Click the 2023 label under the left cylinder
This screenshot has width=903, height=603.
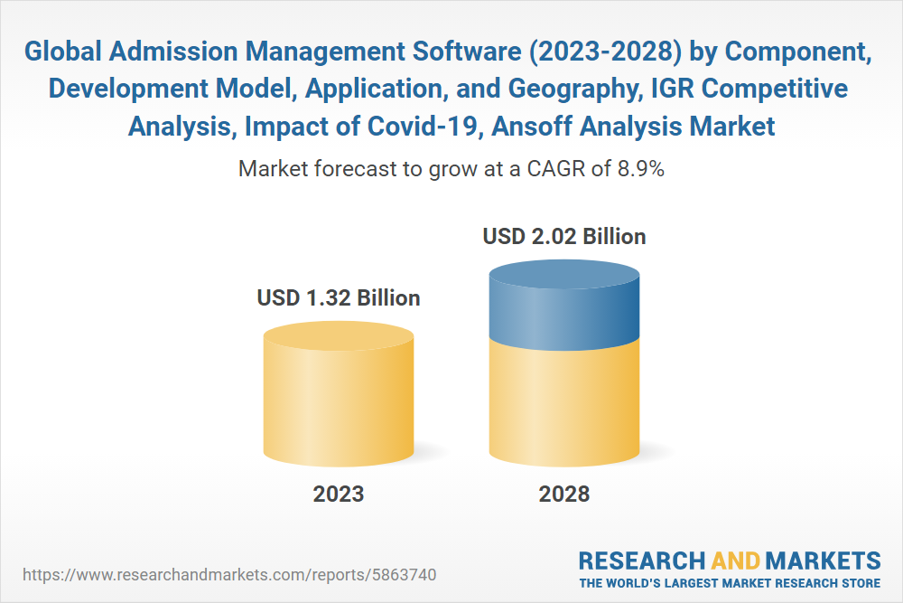point(339,494)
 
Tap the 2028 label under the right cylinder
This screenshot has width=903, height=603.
point(563,494)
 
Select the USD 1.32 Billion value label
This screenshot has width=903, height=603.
point(339,297)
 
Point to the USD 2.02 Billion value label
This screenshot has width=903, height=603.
point(564,237)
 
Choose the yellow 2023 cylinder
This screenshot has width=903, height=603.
point(339,402)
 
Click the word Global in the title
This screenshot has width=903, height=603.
point(61,53)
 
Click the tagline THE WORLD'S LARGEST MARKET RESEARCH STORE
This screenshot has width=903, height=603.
point(730,582)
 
